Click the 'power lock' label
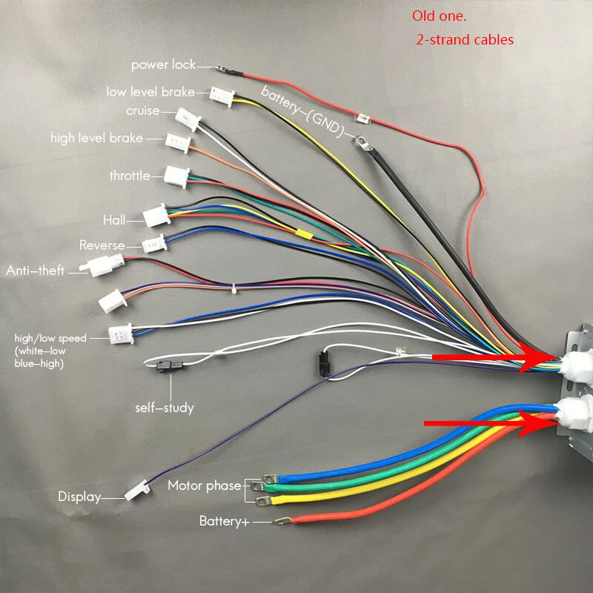163,65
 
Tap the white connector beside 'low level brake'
222,97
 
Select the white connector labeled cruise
188,119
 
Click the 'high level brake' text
97,138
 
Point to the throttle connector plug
176,176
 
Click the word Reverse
102,245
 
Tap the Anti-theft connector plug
102,265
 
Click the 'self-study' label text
165,408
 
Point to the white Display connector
137,491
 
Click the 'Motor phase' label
205,486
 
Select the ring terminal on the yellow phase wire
264,502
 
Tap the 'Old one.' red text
439,16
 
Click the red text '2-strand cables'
465,40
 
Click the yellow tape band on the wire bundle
304,234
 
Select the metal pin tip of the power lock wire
220,69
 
